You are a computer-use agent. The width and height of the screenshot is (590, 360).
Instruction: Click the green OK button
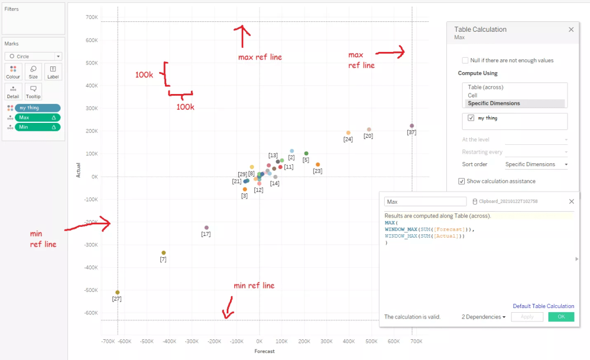click(561, 317)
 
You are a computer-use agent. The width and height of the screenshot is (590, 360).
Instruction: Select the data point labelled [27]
click(118, 292)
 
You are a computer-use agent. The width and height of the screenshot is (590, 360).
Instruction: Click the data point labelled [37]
click(412, 126)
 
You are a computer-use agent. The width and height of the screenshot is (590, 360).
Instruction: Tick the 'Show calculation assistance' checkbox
click(461, 181)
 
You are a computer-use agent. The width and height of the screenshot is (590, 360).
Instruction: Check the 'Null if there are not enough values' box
click(465, 60)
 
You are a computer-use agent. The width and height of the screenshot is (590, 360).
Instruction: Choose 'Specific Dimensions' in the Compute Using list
click(494, 103)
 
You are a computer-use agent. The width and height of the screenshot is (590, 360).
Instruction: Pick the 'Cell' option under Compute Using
click(473, 95)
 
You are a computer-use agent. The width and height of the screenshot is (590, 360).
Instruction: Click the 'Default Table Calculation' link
click(543, 306)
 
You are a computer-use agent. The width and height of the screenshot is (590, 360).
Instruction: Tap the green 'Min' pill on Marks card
click(37, 127)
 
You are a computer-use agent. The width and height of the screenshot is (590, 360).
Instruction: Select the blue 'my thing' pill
click(37, 108)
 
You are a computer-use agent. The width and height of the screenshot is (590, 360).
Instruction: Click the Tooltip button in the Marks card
click(33, 92)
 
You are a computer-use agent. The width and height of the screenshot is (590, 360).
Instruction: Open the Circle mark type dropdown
click(33, 57)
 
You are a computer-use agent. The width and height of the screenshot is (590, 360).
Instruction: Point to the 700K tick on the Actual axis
click(91, 17)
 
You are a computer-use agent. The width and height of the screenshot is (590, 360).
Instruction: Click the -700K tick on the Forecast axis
click(108, 342)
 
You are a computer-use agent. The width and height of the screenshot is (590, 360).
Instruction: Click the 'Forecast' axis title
click(265, 351)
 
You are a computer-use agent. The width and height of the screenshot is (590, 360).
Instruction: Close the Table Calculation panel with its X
click(571, 29)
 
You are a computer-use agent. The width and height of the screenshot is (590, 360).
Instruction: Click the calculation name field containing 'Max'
click(425, 202)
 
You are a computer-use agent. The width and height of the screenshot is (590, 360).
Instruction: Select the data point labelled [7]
click(164, 253)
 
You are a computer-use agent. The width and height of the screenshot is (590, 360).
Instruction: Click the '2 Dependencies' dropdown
click(484, 317)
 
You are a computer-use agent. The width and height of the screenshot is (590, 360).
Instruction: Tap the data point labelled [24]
click(348, 133)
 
